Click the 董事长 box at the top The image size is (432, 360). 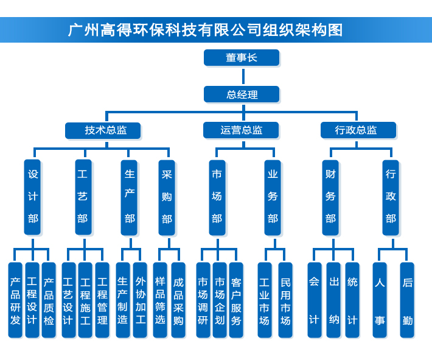point(242,58)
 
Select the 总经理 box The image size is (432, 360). point(242,94)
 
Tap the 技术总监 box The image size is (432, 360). point(103,130)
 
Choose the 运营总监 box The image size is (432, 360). point(241,130)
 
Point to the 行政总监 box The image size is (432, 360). point(358,130)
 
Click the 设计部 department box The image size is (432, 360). point(33,197)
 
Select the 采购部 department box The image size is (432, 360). point(167,197)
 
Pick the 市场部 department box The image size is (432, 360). point(217,197)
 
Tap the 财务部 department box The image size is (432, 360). point(330,197)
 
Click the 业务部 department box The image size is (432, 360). point(273,197)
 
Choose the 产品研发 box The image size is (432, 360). point(15,300)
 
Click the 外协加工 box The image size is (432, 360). point(140,300)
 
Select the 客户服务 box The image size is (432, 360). point(236,300)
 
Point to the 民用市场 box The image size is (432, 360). point(285,300)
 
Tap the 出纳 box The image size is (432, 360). point(333,300)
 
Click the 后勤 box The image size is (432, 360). point(407,300)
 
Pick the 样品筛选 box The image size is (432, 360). point(160,300)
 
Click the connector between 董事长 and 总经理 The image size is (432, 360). point(243,76)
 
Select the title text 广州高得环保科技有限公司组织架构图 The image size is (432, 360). point(206,30)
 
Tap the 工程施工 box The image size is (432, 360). point(85,300)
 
